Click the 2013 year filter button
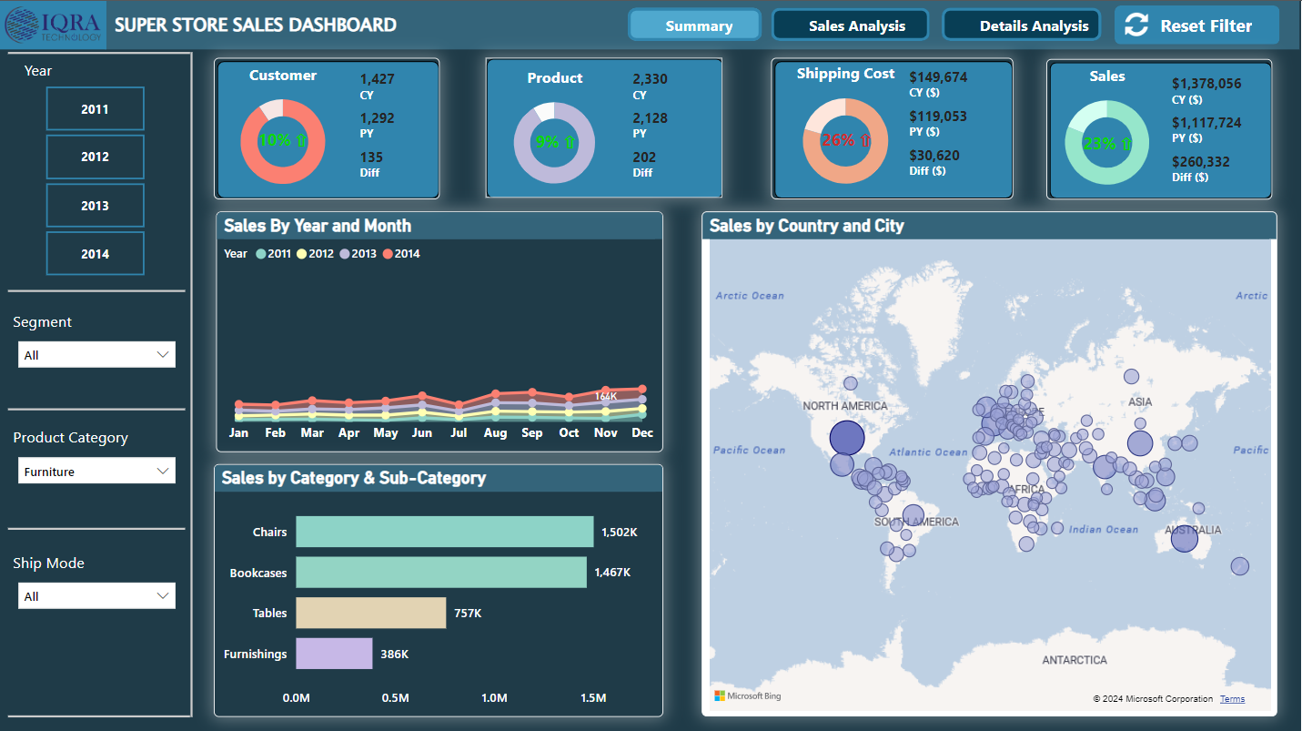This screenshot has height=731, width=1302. coord(95,206)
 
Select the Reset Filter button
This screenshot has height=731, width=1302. coord(1196,26)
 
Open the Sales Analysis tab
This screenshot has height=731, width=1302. coord(850,25)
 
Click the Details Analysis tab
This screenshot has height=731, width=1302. coord(1021,25)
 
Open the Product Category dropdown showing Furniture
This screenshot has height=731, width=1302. coord(96,472)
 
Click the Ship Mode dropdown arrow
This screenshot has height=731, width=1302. coord(163,596)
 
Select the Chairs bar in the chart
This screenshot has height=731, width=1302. coord(444,532)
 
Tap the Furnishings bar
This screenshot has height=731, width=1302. coord(334,654)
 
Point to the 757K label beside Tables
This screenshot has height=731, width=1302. coord(468,614)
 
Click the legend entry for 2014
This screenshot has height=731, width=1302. coord(401,254)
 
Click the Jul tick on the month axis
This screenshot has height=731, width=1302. coord(459,433)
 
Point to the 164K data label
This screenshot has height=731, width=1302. coord(606,396)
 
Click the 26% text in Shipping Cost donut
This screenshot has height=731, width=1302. coord(837,140)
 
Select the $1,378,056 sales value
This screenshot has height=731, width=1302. coord(1206,84)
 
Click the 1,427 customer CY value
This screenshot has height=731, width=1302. coord(378,79)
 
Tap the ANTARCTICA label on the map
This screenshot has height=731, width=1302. coord(1074,660)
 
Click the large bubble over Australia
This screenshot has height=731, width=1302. coord(1184,539)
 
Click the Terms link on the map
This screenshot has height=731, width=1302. coord(1232,699)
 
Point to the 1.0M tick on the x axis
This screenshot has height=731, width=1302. coord(494,698)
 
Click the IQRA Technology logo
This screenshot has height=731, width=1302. coord(54,25)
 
